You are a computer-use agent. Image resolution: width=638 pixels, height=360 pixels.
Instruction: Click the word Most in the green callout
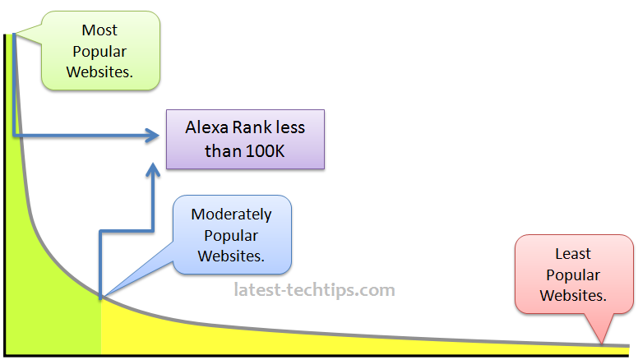pos(99,30)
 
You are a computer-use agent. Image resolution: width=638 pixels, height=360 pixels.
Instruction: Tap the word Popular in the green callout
pos(99,52)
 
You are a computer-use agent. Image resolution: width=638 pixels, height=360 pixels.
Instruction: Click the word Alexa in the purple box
pos(206,128)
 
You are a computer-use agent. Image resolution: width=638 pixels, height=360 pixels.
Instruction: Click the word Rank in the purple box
pos(251,128)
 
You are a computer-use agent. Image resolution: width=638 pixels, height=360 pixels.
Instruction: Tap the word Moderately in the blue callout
pos(231,215)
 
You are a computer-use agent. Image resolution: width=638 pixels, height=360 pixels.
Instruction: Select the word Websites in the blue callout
pos(231,256)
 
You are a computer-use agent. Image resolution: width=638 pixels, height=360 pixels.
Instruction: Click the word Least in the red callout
pos(573,254)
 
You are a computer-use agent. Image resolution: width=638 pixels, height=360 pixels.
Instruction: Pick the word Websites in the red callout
pos(573,295)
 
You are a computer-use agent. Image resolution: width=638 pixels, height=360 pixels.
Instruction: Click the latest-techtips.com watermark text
pos(314,290)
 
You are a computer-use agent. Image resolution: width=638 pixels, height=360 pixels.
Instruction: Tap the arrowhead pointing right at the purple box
pos(152,135)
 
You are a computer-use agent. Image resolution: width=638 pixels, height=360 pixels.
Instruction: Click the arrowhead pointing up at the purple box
pos(153,169)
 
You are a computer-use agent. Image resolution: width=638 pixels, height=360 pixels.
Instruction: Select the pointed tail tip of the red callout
pos(603,344)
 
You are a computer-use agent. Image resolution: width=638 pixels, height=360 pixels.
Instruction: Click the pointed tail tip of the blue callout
pos(100,296)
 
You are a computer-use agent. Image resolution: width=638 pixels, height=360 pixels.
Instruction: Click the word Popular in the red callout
pos(573,275)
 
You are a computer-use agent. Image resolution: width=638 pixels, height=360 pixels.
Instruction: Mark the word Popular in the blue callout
pos(231,235)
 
